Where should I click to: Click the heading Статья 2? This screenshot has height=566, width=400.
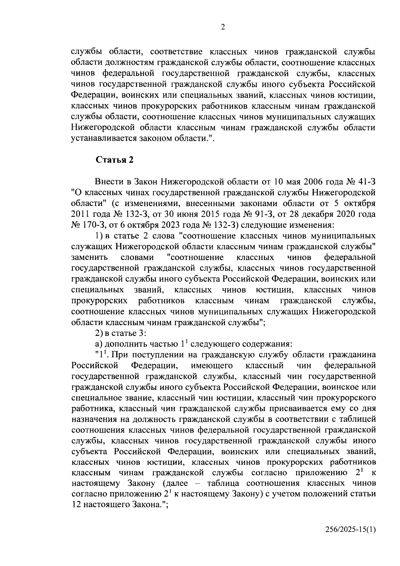[115, 160]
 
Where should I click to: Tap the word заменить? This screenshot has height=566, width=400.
[89, 257]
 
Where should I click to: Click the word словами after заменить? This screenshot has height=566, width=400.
[137, 257]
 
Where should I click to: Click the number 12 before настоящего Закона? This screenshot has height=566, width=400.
[76, 505]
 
